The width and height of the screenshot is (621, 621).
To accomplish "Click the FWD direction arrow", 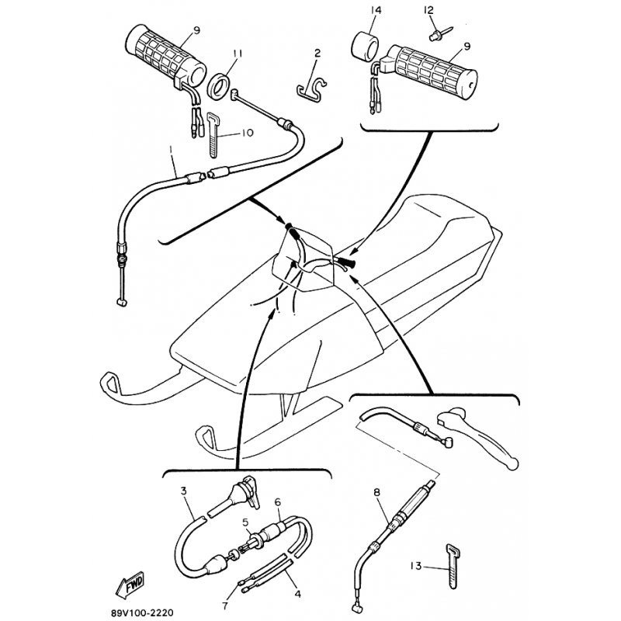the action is [130, 585].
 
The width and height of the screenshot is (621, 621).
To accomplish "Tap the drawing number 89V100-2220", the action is [142, 612].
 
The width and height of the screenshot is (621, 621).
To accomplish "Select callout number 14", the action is [376, 10].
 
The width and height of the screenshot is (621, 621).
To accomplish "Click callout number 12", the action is [428, 10].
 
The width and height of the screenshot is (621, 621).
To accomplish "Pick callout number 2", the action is [317, 53].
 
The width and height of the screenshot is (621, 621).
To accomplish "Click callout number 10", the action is [247, 133].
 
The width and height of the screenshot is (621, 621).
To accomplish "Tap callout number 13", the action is [415, 566].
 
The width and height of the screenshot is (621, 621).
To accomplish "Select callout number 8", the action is [376, 492].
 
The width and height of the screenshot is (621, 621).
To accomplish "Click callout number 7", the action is [225, 606].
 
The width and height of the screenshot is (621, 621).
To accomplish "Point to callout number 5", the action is [245, 522].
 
